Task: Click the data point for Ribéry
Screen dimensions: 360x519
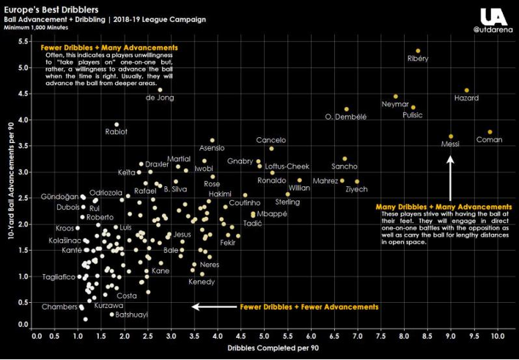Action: [x=418, y=51]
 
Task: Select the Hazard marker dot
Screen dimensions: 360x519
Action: [x=466, y=90]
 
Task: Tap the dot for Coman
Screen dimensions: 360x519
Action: [x=490, y=132]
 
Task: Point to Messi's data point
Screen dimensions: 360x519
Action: [x=451, y=136]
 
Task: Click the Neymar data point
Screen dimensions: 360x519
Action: [x=395, y=96]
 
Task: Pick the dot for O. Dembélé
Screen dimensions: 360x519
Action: [x=347, y=109]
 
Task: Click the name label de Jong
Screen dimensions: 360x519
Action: [x=160, y=98]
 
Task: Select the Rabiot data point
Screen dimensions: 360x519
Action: [x=117, y=125]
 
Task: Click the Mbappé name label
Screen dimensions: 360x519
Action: [x=270, y=214]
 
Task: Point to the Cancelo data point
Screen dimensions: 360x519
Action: [x=271, y=148]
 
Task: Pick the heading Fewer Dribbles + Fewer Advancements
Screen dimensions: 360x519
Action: [x=309, y=306]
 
